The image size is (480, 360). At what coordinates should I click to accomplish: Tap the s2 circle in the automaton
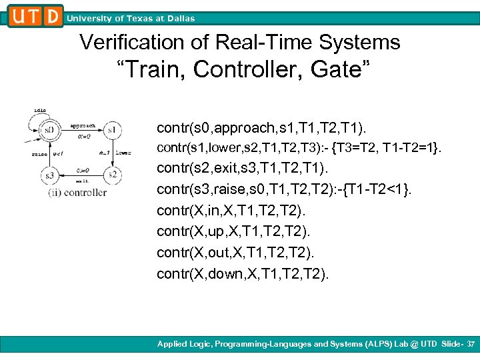coord(113,175)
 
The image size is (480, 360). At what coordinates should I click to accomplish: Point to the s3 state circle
coord(49,175)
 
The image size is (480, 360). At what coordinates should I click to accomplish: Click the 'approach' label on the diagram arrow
coord(83,125)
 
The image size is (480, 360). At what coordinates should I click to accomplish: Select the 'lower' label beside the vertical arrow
coord(124,153)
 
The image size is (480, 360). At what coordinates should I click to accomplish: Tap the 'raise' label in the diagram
coord(38,153)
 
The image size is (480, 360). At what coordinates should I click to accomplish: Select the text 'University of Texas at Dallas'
coord(131,19)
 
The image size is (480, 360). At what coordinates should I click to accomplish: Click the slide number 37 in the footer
coord(469,344)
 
